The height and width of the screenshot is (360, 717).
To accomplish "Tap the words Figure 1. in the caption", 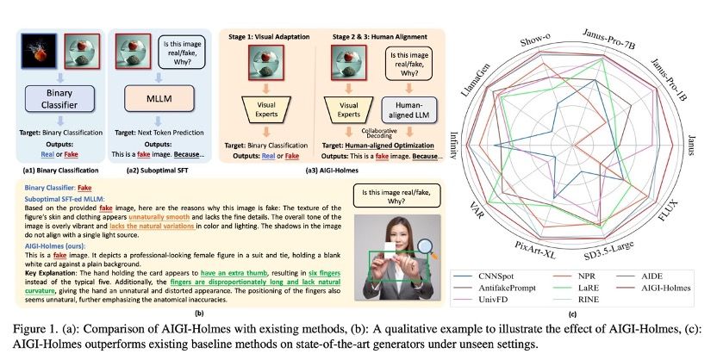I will (28, 329).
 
